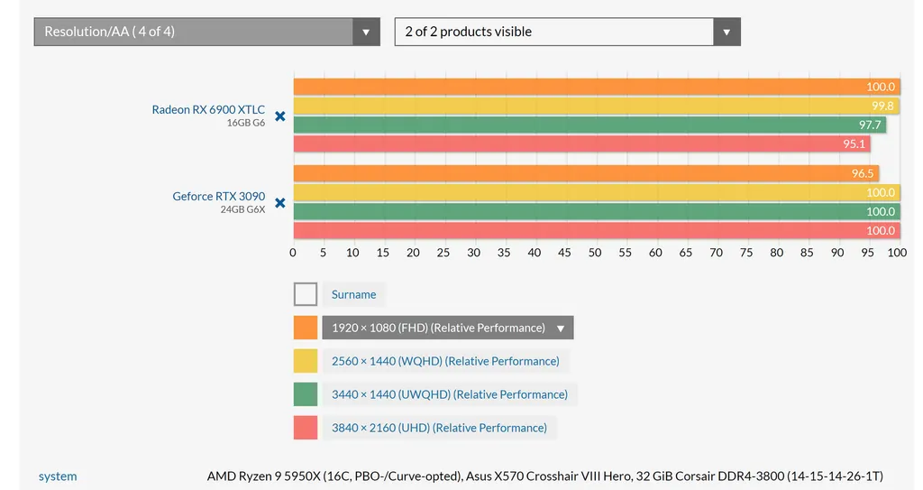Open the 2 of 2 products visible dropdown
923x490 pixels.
pos(567,32)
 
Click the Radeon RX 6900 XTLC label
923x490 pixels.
pos(208,109)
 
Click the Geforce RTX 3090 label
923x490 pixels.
pos(219,196)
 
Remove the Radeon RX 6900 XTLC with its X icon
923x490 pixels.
pos(279,116)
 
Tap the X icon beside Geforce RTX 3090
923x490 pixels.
pos(279,203)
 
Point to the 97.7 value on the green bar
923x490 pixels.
pos(869,125)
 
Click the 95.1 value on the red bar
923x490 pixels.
pos(854,143)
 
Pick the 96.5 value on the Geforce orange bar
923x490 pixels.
pos(863,173)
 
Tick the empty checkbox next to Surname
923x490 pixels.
pos(306,294)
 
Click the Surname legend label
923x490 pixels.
pos(354,294)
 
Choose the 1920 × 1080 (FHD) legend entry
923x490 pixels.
pos(438,328)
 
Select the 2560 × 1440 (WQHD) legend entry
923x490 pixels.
pos(445,361)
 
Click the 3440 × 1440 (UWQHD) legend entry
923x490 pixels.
pos(450,394)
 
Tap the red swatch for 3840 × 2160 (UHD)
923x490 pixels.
pos(306,428)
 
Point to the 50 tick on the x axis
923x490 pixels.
pos(595,253)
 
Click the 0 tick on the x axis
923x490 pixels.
pos(293,253)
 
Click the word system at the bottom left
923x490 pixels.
pos(58,476)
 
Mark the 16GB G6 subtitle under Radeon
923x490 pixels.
pos(245,123)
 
